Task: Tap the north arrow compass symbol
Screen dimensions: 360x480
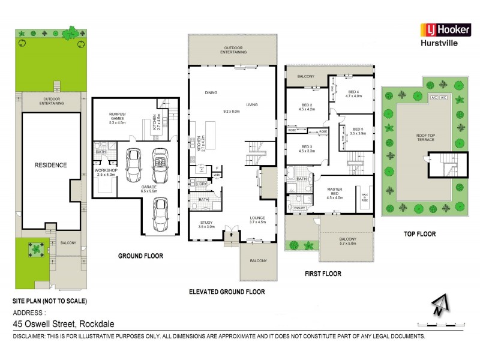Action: [440, 305]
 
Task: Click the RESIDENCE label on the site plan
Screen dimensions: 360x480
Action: [50, 165]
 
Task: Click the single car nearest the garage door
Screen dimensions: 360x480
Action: [160, 214]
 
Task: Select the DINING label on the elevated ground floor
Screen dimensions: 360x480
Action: [211, 92]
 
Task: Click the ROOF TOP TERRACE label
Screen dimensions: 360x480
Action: [425, 137]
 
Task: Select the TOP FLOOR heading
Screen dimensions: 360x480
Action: [419, 234]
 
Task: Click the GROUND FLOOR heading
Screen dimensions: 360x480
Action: [140, 256]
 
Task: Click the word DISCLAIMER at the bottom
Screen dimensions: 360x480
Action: [31, 337]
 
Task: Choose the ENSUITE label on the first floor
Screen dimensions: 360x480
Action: [299, 208]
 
